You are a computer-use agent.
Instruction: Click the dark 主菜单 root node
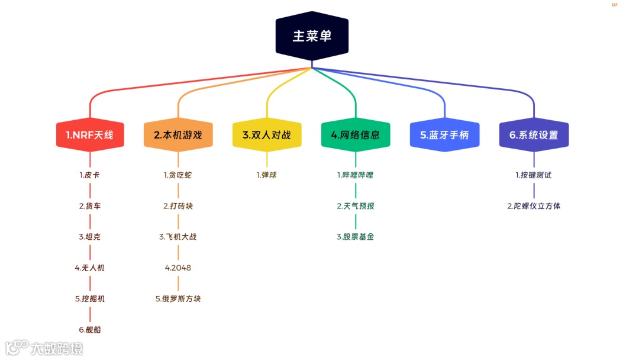312,36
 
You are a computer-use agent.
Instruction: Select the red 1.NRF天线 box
90,135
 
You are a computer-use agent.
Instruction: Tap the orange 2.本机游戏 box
178,135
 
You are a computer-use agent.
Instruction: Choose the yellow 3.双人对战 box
267,135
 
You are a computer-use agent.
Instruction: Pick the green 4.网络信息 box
356,135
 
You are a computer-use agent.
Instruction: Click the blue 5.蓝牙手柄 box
444,135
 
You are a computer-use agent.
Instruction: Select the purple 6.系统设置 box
534,135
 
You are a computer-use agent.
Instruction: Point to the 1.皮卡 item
90,175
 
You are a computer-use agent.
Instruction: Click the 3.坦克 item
90,237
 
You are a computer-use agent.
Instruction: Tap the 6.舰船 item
90,329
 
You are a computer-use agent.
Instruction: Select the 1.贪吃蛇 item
178,175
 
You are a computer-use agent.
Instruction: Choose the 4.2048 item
178,268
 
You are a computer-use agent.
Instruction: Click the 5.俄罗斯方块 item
178,298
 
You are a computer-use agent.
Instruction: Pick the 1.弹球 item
267,175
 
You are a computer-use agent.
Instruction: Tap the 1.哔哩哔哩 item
356,175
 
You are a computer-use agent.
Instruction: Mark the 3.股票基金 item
356,237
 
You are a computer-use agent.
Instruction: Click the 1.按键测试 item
534,175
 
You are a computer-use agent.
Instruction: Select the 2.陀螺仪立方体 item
534,206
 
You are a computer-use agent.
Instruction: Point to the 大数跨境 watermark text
57,348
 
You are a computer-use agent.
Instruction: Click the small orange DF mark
615,5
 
